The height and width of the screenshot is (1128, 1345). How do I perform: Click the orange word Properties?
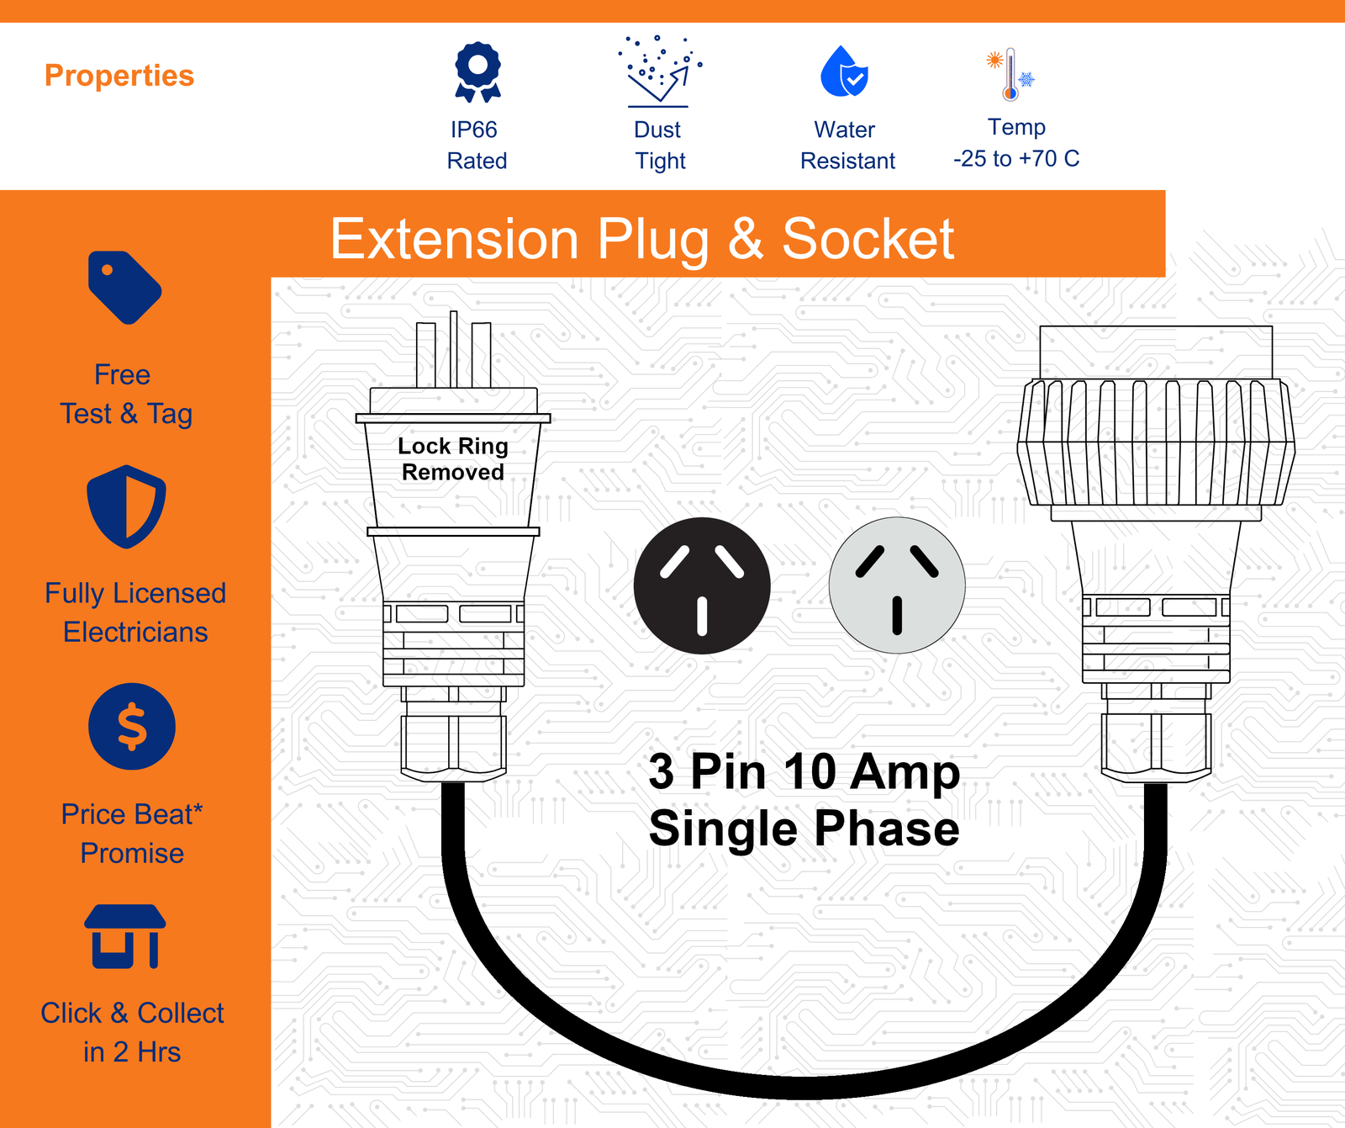point(119,76)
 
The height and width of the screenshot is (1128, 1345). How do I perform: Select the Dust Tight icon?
point(659,71)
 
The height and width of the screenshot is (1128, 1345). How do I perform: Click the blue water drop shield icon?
point(844,71)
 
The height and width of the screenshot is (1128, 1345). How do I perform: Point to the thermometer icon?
point(1010,74)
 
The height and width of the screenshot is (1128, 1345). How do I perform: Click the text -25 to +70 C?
point(1016,158)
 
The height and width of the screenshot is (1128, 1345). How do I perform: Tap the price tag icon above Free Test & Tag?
point(124,287)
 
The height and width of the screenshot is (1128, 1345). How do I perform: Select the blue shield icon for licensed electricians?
point(126,506)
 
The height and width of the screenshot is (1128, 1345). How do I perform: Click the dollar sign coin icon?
point(132,726)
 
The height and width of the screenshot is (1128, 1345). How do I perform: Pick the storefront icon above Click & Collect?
point(125,936)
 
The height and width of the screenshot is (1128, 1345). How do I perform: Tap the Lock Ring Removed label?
point(453,458)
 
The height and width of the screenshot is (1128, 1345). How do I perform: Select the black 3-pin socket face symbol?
point(702,585)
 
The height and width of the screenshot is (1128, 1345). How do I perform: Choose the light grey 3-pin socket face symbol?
point(897,585)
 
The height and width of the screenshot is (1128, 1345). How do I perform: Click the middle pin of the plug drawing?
point(454,349)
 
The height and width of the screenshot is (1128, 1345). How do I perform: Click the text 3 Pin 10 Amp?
point(804,771)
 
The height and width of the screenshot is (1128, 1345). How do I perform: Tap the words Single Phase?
point(804,829)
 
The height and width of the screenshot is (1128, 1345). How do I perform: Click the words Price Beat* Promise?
point(132,834)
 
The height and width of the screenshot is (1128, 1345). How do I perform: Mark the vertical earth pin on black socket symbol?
point(702,615)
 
